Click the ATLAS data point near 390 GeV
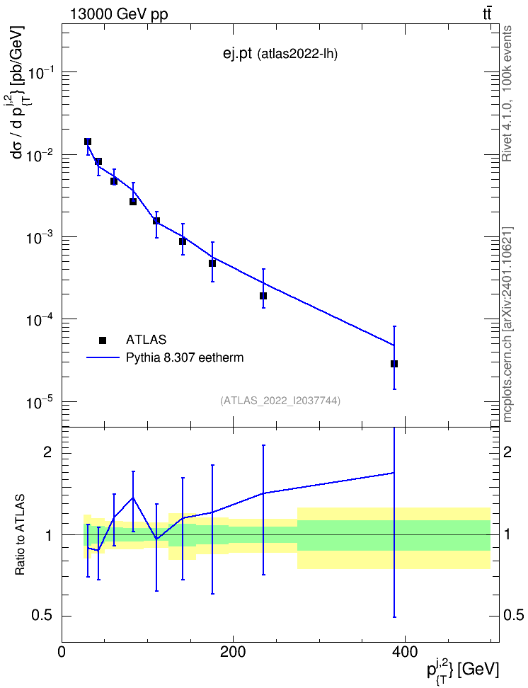(394, 364)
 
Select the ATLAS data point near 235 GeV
(263, 296)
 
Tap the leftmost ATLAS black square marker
(88, 142)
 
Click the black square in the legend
(103, 340)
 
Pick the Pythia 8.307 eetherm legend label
(184, 357)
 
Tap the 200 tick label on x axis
(233, 652)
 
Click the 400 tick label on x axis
(404, 652)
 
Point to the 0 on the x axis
(62, 652)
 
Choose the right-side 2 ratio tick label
(507, 452)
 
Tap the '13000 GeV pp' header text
(119, 15)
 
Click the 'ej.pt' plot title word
(237, 54)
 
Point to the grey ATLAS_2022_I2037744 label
(280, 401)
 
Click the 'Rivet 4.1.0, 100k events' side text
(507, 93)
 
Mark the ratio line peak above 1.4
(133, 498)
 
